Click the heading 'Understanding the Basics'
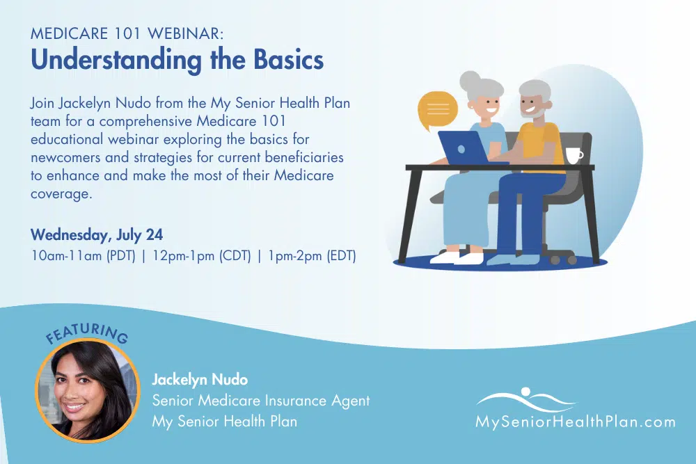(x=177, y=60)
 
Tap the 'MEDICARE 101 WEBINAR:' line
(x=127, y=33)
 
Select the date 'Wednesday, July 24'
(x=97, y=234)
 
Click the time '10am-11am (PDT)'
(x=83, y=256)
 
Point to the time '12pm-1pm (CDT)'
(x=202, y=256)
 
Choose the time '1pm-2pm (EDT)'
(x=312, y=256)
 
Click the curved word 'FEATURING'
(x=88, y=333)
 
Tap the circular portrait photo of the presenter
(x=88, y=391)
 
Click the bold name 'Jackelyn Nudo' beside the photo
(x=200, y=379)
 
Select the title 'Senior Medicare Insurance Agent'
(x=260, y=401)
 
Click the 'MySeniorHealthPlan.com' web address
(x=576, y=422)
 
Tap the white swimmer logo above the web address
(x=526, y=399)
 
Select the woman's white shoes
(x=457, y=257)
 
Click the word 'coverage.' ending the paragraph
(x=61, y=194)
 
